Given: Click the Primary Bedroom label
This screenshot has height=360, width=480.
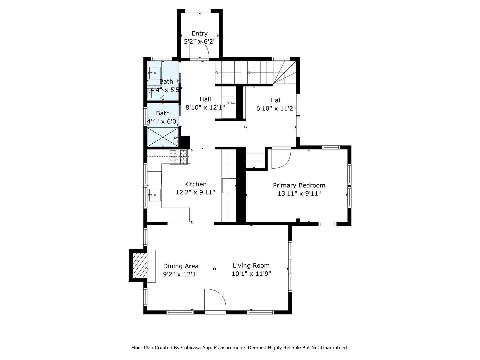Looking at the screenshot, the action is click(299, 185).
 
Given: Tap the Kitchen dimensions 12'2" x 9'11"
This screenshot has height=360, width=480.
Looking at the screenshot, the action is click(195, 192).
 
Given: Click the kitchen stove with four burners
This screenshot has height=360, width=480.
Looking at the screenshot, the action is click(178, 157).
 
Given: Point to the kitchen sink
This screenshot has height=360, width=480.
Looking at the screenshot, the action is click(154, 195).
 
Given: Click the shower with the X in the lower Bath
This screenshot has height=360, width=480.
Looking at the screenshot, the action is click(163, 137).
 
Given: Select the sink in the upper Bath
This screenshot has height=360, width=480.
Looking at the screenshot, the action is click(154, 73).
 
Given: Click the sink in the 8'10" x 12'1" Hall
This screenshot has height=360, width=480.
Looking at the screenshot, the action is click(229, 103).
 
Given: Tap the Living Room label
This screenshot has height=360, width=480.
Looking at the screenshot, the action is click(251, 266).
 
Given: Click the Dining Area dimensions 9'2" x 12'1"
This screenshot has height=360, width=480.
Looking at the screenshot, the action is click(181, 274).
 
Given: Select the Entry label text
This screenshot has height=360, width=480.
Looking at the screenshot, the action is click(199, 33).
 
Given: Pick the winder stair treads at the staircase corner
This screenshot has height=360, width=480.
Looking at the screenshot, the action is click(285, 72).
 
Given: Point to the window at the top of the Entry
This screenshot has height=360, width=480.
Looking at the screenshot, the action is click(198, 11).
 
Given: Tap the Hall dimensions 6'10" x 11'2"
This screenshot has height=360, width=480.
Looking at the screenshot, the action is click(276, 108).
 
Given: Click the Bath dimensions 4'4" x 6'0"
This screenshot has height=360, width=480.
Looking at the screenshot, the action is click(163, 121).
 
